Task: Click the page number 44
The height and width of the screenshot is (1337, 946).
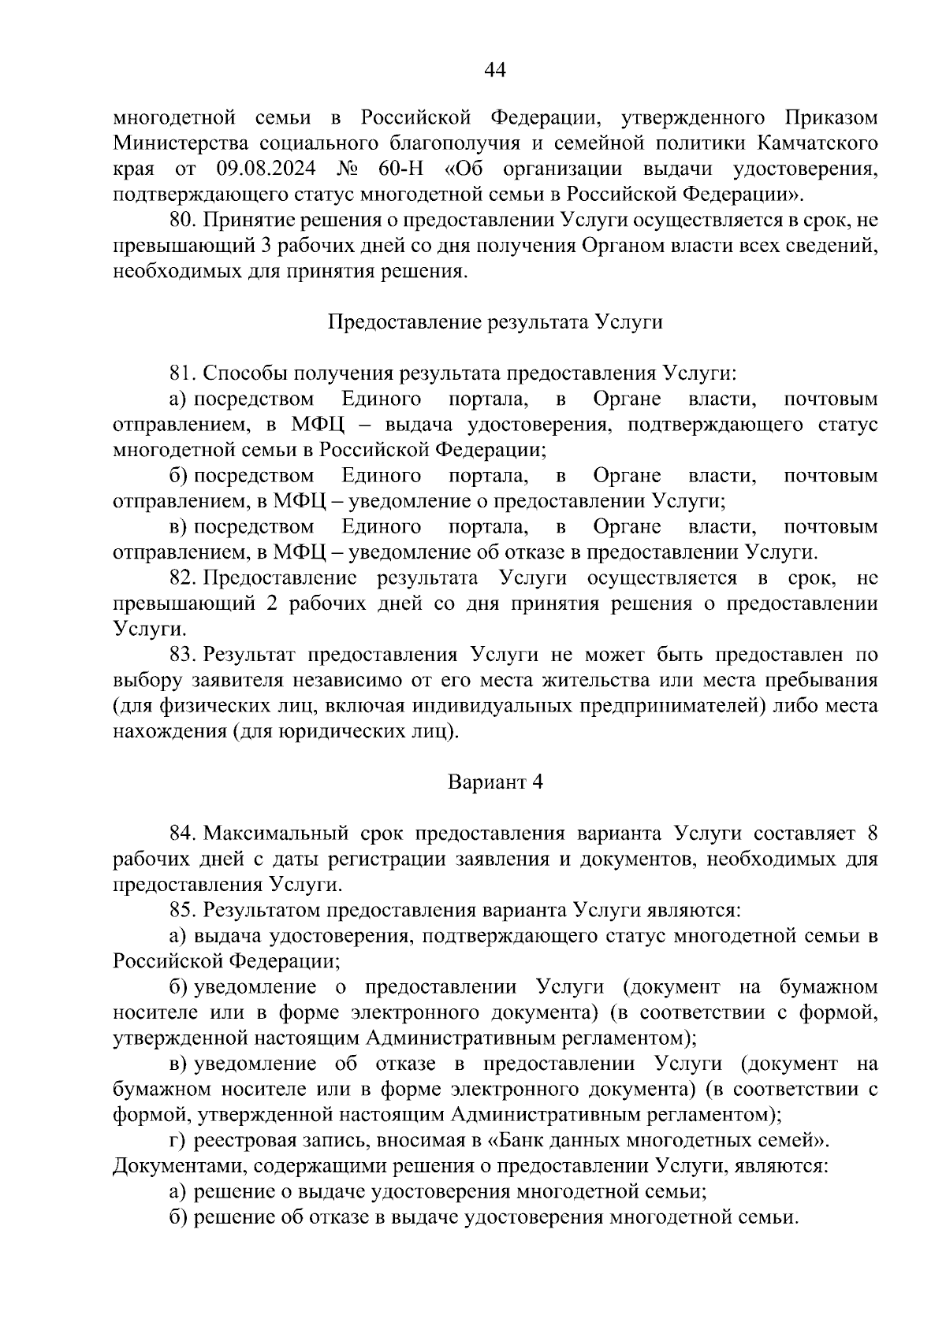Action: (494, 71)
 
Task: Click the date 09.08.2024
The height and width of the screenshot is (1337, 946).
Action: (263, 169)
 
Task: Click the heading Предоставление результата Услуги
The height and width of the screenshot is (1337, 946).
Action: (494, 322)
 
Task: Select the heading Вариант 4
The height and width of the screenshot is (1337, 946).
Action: (495, 782)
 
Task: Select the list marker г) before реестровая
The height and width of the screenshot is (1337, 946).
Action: (177, 1141)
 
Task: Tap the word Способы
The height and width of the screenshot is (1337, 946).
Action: (242, 373)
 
